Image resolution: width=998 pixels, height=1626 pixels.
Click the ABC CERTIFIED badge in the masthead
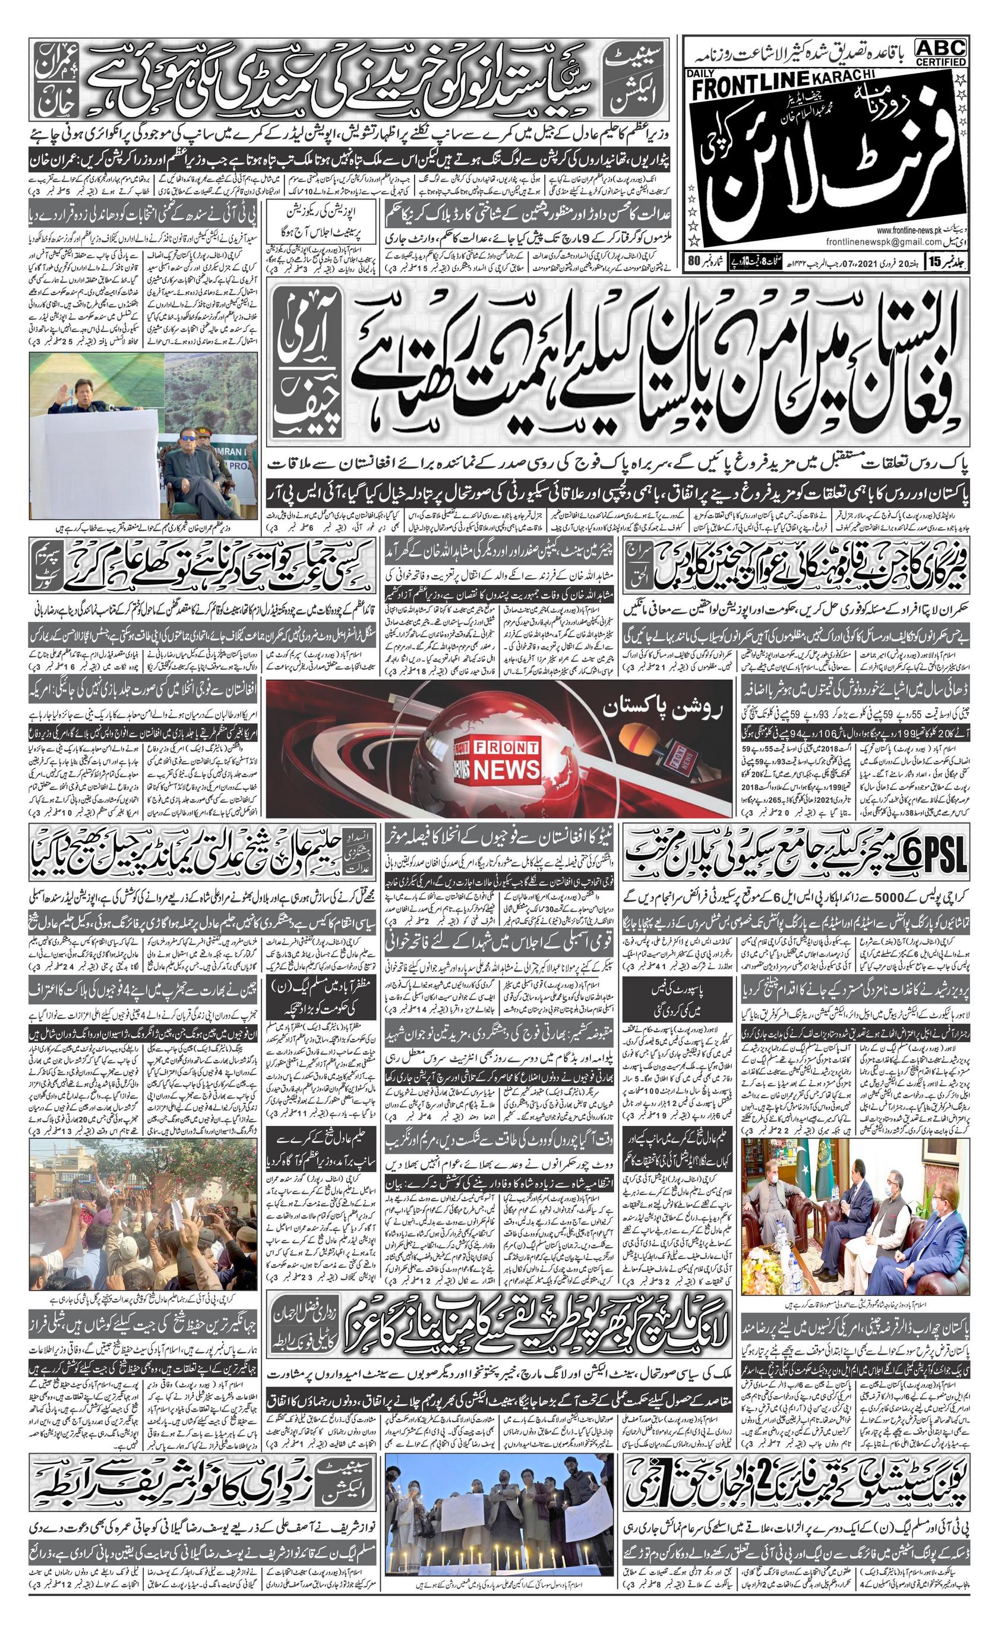[940, 52]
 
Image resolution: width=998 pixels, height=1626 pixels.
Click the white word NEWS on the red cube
[506, 769]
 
